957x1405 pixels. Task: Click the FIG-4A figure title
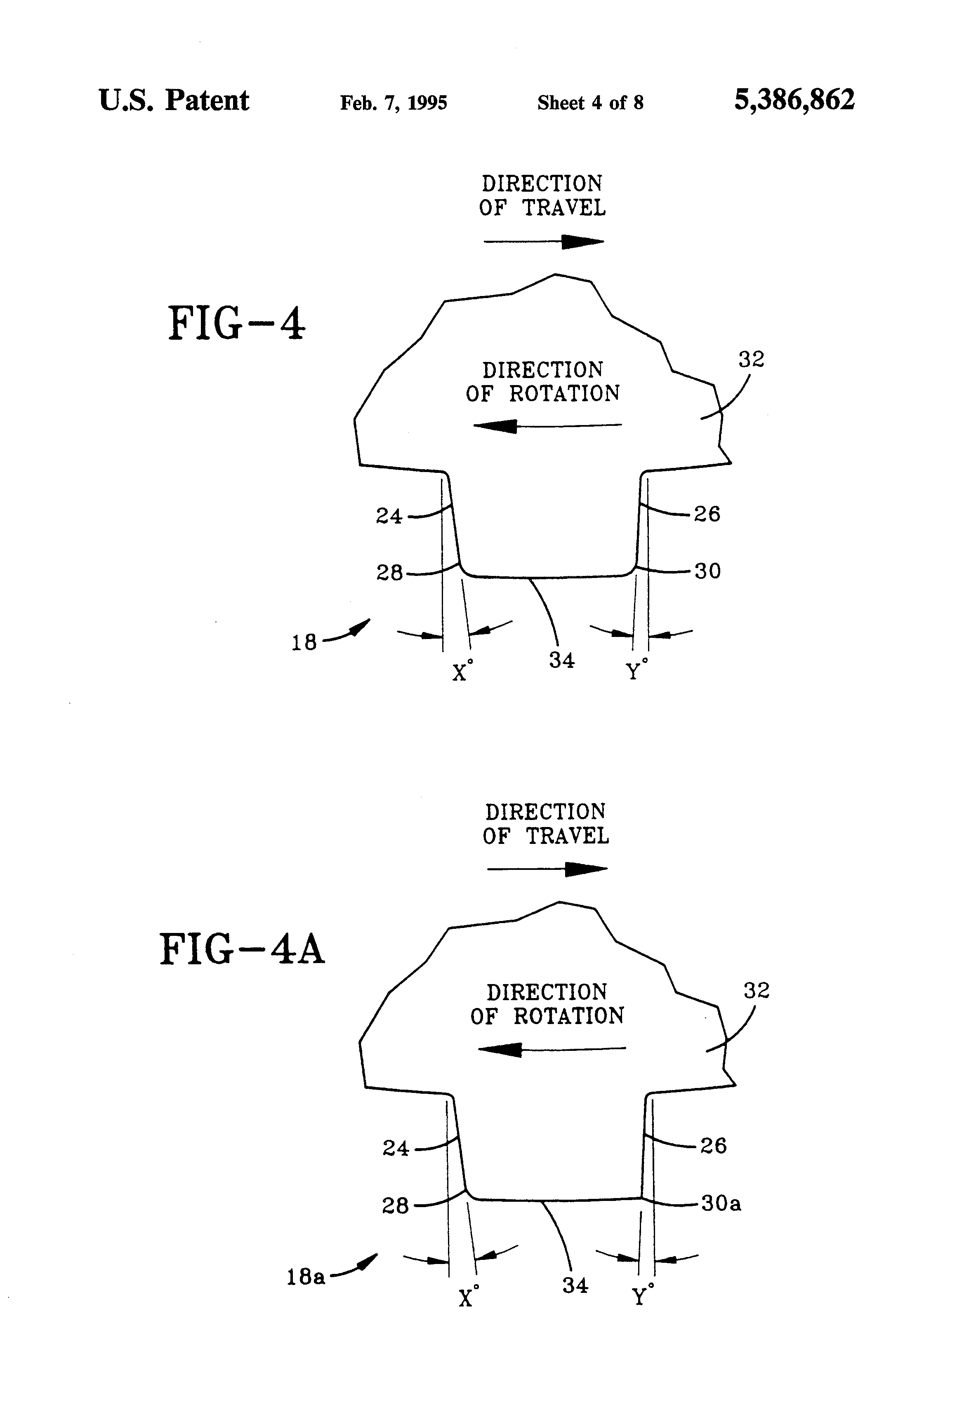[242, 950]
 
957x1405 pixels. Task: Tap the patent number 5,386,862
[794, 100]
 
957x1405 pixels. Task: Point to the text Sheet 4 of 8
[590, 103]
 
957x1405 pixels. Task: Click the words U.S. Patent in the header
[174, 100]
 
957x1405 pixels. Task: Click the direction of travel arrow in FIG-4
[544, 242]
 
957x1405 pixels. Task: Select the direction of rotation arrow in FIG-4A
[552, 1049]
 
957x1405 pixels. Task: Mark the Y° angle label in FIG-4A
[642, 1295]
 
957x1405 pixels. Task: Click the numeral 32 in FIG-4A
[756, 990]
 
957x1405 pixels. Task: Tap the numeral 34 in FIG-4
[562, 660]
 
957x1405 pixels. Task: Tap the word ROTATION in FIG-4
[564, 394]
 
